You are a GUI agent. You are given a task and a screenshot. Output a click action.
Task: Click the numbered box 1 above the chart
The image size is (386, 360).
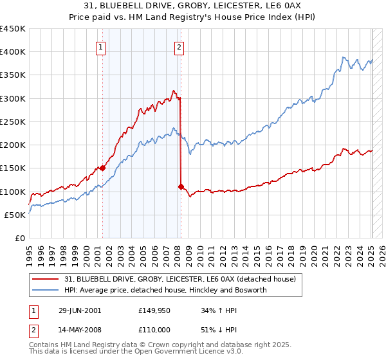102,46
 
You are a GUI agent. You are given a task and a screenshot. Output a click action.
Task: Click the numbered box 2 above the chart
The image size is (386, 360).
179,46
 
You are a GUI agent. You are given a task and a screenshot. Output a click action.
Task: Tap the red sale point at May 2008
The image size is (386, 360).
181,186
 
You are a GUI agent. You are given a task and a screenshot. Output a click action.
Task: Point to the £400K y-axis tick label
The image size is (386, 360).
12,52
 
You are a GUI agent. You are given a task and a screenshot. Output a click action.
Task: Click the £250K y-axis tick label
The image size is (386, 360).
12,122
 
